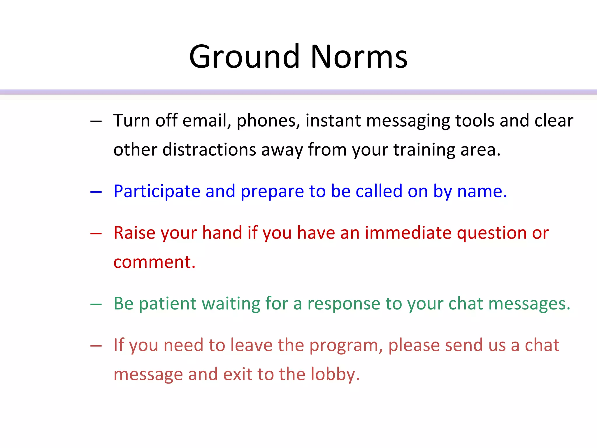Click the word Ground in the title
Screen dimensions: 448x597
click(x=244, y=57)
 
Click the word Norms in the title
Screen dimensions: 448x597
click(x=359, y=57)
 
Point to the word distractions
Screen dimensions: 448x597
click(x=209, y=150)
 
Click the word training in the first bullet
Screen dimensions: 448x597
click(x=424, y=150)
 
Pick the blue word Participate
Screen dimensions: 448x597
click(x=157, y=192)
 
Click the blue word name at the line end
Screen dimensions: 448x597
click(x=482, y=192)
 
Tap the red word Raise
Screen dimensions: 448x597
click(x=134, y=233)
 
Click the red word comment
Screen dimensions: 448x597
click(x=154, y=262)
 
